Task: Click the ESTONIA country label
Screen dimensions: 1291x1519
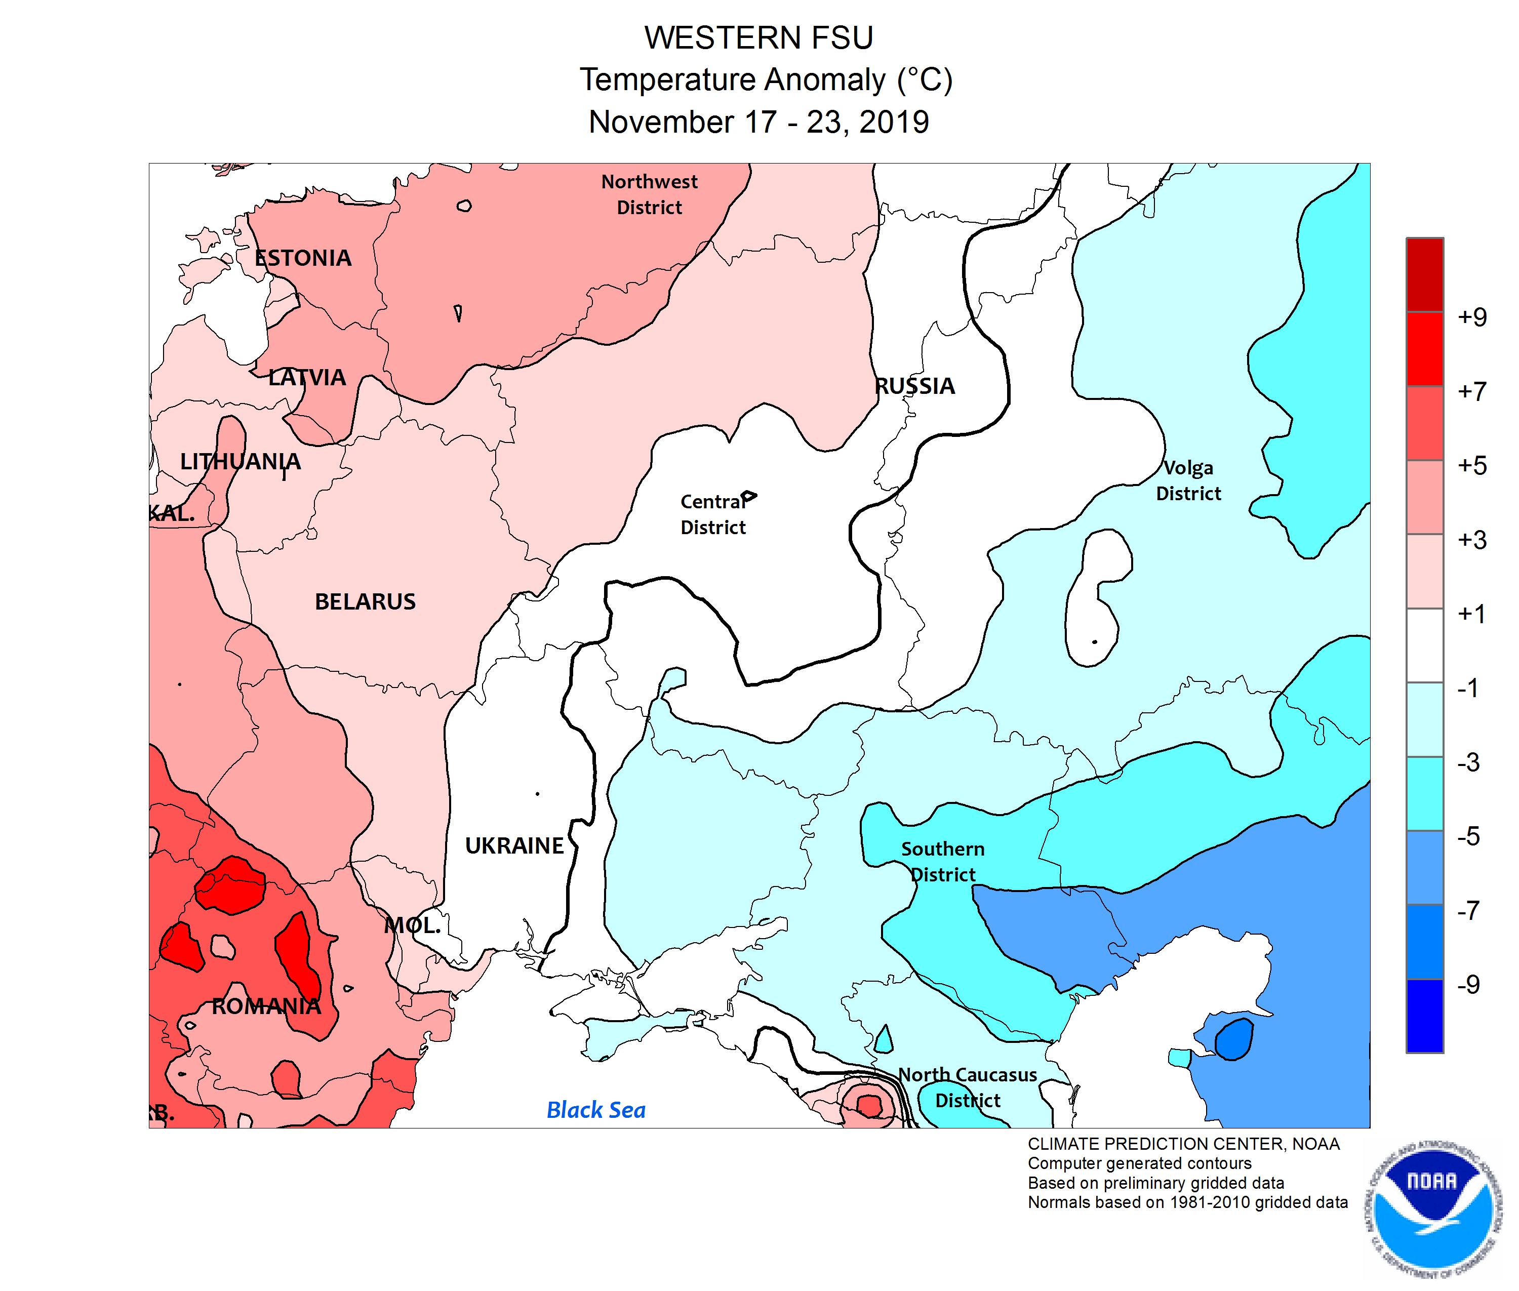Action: click(303, 258)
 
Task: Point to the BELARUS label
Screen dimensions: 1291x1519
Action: click(365, 601)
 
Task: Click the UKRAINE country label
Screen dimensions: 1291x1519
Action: click(514, 845)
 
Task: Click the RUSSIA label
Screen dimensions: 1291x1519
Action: click(914, 386)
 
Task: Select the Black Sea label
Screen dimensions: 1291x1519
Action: click(596, 1110)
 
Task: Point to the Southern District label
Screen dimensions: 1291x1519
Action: click(942, 861)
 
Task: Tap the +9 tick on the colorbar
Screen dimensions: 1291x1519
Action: click(1471, 317)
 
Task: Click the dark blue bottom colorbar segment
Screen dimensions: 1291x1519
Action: click(1424, 1015)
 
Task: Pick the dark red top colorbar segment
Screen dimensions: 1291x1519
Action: click(1424, 274)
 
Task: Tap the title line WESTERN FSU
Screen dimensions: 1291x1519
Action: click(758, 37)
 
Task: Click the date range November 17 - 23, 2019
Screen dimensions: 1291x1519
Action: click(758, 122)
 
